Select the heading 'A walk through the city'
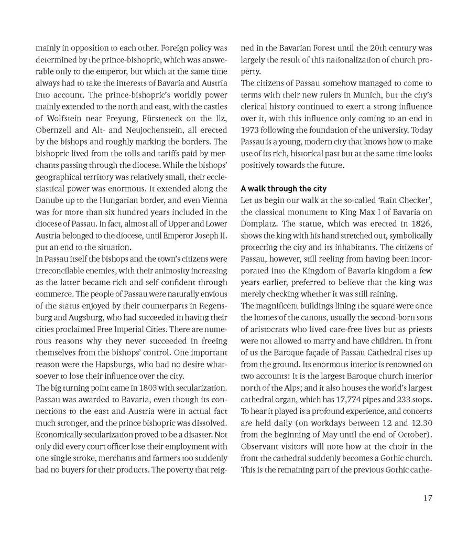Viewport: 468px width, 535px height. tap(283, 188)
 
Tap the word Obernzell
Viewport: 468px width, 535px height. tap(55, 130)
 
